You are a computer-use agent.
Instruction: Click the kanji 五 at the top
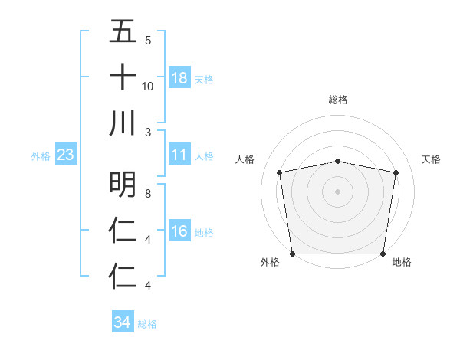click(123, 33)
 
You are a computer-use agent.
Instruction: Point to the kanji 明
click(123, 184)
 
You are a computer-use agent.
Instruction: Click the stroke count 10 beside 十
click(148, 86)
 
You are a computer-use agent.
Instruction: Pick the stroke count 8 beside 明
click(148, 194)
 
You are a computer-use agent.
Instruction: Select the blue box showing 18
click(179, 77)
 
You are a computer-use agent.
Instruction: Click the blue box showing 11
click(179, 155)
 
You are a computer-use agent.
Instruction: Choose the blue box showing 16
click(179, 231)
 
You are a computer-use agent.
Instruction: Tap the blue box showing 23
click(66, 155)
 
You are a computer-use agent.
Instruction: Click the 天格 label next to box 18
click(204, 79)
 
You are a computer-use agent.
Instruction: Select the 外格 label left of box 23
click(41, 155)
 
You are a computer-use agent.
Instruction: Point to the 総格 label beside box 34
click(147, 324)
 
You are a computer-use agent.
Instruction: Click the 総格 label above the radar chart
click(337, 100)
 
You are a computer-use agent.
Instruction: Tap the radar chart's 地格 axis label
click(402, 262)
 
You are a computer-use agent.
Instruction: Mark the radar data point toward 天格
click(396, 172)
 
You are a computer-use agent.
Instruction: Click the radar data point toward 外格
click(292, 254)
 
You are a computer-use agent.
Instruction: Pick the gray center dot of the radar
click(337, 191)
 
